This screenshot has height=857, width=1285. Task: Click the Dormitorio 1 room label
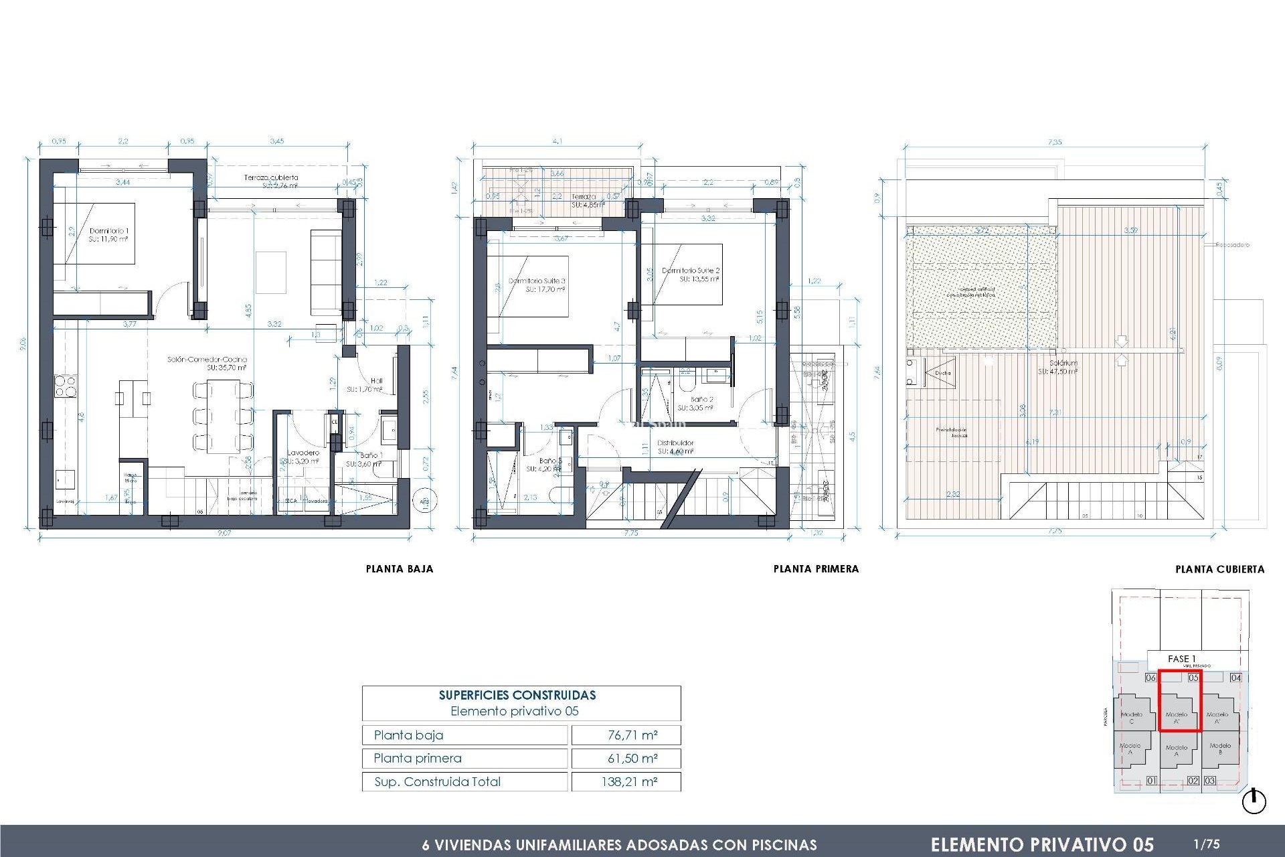[108, 231]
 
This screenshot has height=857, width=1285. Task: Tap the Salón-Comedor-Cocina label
[207, 360]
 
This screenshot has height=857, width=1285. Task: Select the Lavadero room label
[303, 453]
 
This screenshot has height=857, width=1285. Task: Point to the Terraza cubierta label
[271, 177]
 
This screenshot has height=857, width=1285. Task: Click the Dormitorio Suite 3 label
[537, 281]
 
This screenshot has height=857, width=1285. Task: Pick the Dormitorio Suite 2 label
[691, 270]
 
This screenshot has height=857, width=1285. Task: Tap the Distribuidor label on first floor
[675, 443]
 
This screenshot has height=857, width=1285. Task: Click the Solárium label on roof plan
[1063, 363]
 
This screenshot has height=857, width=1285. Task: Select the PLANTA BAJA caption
[400, 569]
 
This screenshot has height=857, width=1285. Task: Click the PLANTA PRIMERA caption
[816, 569]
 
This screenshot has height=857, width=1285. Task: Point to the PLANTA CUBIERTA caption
[1219, 570]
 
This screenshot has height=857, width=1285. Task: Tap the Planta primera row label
[418, 758]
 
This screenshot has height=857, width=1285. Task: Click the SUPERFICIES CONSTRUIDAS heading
[517, 695]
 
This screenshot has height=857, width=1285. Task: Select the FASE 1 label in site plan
[1181, 659]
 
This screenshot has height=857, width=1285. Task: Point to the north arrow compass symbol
[1254, 801]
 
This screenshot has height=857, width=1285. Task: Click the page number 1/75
[1207, 844]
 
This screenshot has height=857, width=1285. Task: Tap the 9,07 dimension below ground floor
[224, 533]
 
